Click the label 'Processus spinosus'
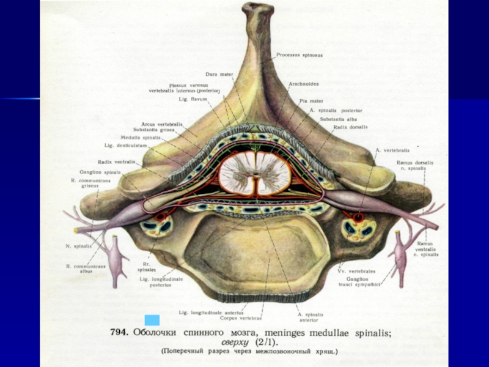click(x=300, y=55)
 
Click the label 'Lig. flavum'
click(x=196, y=98)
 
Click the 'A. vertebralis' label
click(x=392, y=149)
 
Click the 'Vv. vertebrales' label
click(x=356, y=270)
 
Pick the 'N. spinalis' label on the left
click(x=79, y=246)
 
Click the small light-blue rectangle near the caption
click(x=148, y=320)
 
